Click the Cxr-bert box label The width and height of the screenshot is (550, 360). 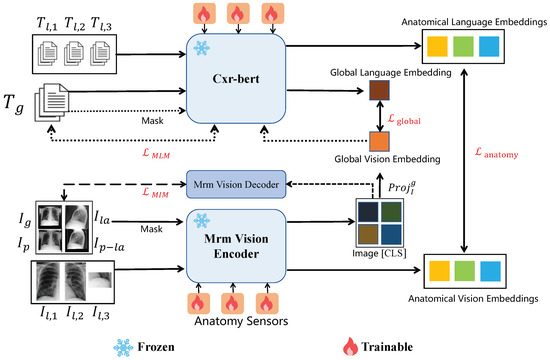[x=236, y=79]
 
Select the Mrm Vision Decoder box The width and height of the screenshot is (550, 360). [x=236, y=184]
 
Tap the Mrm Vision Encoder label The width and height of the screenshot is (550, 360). [x=236, y=246]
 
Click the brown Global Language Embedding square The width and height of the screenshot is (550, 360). [x=379, y=90]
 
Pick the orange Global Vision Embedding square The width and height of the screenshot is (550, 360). [x=379, y=141]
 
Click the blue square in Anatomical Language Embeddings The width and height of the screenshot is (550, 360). [x=489, y=46]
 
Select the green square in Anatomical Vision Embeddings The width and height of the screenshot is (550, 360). [x=464, y=271]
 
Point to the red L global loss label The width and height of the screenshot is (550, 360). [x=404, y=119]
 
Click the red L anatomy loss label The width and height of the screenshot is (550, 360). [x=496, y=153]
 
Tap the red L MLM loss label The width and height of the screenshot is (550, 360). [x=156, y=153]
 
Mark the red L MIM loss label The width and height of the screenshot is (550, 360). [x=155, y=193]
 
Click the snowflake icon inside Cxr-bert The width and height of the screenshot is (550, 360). [x=202, y=48]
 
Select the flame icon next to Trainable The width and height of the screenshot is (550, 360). [x=350, y=347]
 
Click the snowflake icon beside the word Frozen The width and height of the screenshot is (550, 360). [x=123, y=348]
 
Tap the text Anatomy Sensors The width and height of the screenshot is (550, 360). [x=241, y=321]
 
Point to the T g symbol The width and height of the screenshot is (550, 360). [x=14, y=103]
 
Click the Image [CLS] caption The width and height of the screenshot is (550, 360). [x=379, y=253]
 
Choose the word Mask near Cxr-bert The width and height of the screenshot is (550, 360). [x=152, y=121]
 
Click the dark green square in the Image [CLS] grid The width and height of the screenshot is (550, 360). [x=391, y=212]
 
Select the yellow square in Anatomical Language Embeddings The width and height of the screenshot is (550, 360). [x=437, y=46]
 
